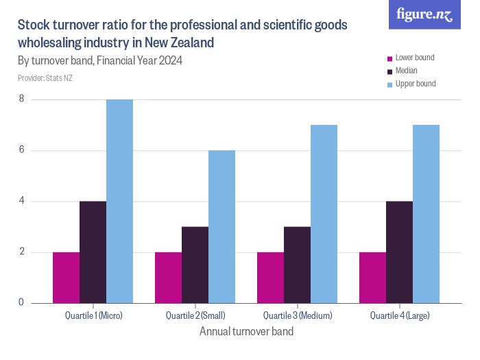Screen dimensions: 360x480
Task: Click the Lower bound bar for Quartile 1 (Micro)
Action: [66, 277]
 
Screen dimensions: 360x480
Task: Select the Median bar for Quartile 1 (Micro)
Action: [93, 252]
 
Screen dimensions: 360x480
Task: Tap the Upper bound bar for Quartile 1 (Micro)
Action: [119, 201]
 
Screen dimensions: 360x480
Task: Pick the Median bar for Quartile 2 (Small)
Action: [195, 265]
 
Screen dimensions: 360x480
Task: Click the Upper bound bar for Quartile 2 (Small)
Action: [221, 226]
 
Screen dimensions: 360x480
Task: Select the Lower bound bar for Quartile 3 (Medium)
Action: [270, 277]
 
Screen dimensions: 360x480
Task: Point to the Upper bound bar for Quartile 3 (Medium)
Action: [324, 214]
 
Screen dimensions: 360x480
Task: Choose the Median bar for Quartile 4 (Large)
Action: [399, 252]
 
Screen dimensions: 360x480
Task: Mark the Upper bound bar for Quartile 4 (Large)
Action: [426, 214]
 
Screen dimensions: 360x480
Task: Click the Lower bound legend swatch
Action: [390, 58]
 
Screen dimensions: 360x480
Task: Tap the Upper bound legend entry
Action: [415, 84]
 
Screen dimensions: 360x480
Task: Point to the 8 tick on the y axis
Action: [21, 99]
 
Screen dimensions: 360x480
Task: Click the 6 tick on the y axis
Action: [21, 150]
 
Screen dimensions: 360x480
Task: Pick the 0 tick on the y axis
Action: [21, 302]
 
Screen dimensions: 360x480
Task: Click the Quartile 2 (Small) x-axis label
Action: [195, 315]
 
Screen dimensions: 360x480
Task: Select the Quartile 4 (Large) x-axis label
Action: [400, 315]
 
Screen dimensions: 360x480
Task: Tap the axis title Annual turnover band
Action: [246, 332]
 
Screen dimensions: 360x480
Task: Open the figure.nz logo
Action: [424, 14]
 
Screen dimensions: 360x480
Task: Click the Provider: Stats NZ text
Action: [45, 78]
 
